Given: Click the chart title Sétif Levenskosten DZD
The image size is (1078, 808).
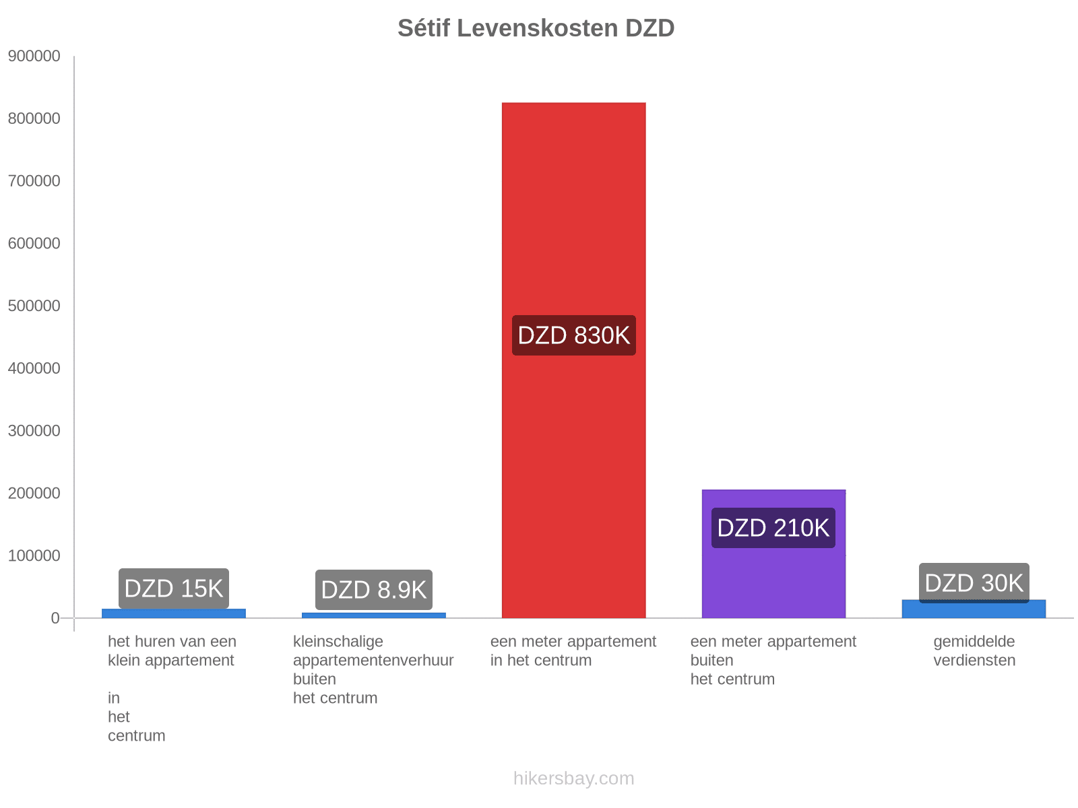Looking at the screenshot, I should tap(536, 28).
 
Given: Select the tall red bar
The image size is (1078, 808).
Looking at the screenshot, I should tap(573, 202).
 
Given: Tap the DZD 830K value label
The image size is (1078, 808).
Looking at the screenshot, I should tap(573, 335).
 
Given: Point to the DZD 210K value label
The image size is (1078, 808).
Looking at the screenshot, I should tap(773, 528).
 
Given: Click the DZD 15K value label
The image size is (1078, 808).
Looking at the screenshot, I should tap(174, 588).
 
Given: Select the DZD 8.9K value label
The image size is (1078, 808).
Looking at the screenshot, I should tap(374, 590).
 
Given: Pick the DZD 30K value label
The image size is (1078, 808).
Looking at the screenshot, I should tap(974, 583).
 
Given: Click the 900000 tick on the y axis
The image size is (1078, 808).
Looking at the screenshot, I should tap(34, 57).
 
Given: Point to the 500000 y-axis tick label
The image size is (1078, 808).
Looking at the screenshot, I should tap(34, 306).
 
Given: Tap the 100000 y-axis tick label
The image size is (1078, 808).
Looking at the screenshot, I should tap(34, 556).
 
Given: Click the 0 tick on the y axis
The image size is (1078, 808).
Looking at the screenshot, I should tap(55, 618).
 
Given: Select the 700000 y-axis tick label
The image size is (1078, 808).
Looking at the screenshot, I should tap(34, 181).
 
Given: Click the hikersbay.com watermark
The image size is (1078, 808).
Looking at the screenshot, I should tap(573, 778).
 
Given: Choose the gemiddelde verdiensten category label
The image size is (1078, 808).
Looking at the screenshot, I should tap(974, 651).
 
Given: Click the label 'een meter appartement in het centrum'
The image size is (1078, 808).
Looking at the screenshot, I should tap(573, 651).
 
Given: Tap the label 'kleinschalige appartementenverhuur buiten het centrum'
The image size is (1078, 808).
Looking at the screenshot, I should tap(373, 669).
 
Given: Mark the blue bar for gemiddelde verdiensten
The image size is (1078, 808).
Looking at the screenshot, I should tap(974, 610).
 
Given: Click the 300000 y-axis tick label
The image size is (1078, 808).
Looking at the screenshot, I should tap(34, 431).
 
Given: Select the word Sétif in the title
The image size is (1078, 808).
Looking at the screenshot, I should tap(424, 28).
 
